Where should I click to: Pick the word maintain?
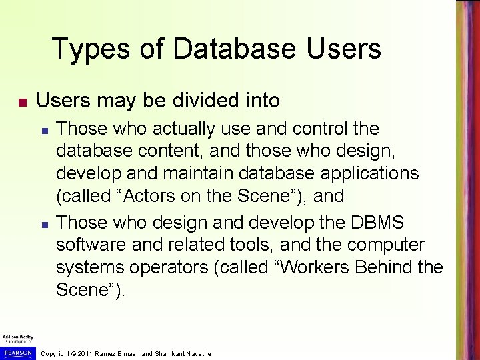coord(205,173)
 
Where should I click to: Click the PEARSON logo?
coord(17,352)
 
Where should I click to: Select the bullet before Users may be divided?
coord(22,103)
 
